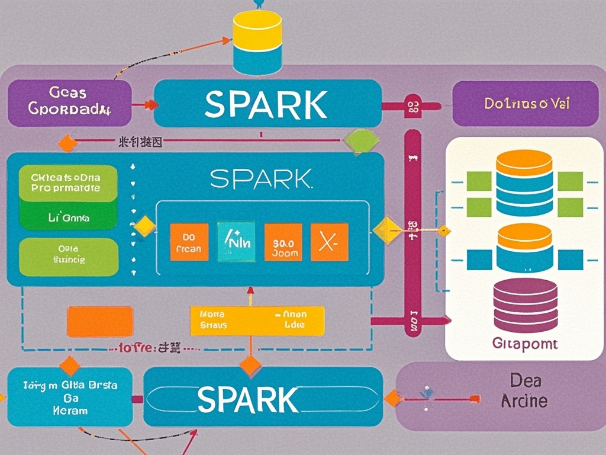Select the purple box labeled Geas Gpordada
point(69,102)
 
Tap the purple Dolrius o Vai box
point(526,104)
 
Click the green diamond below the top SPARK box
point(361,141)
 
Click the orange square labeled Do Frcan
point(189,242)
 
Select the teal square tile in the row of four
point(236,242)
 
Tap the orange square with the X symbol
point(329,242)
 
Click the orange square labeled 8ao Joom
point(283,242)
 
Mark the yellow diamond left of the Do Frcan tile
point(144,227)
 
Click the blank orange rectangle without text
point(99,321)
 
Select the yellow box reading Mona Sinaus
point(257,321)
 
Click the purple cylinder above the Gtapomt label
point(525,306)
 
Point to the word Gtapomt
point(524,344)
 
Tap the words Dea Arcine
point(524,391)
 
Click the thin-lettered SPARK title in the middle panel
point(260,178)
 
